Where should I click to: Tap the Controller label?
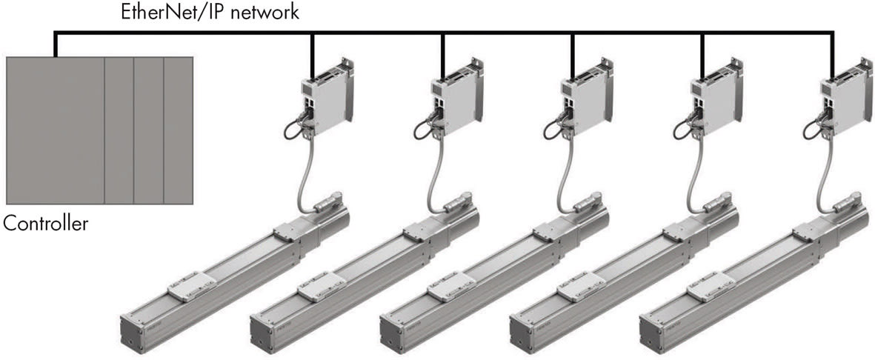[46, 223]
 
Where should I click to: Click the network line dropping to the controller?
[55, 44]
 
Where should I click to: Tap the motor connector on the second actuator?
[459, 202]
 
